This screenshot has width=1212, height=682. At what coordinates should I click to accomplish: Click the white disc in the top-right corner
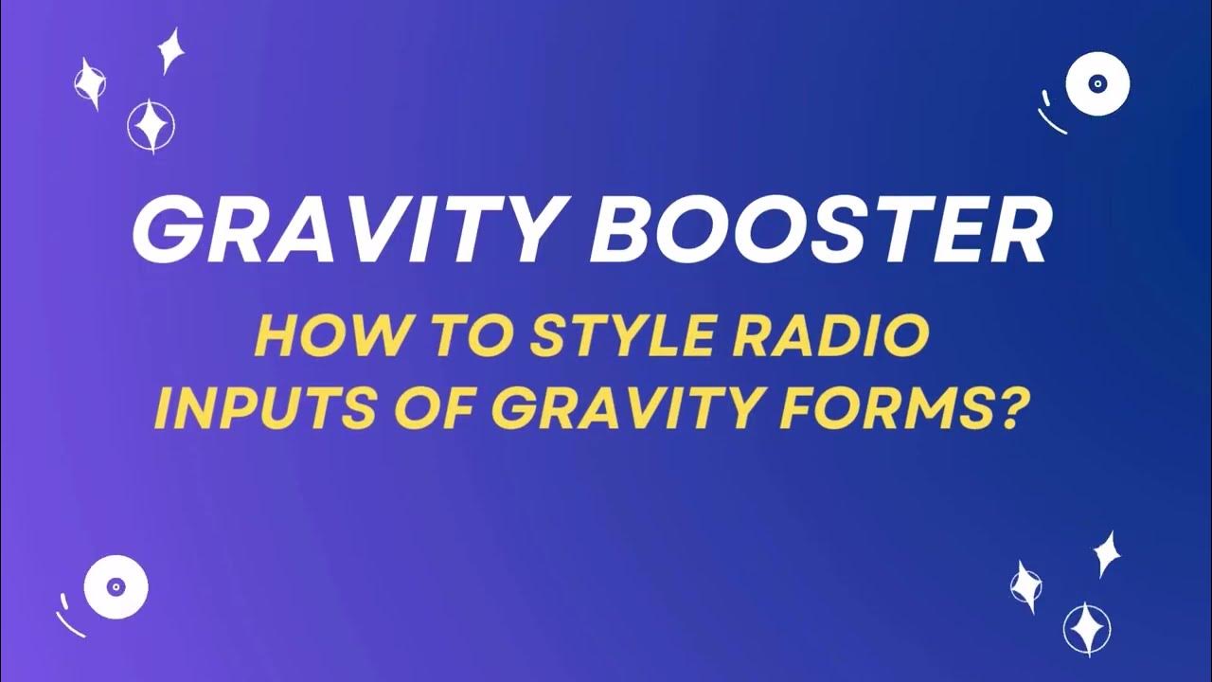click(x=1097, y=84)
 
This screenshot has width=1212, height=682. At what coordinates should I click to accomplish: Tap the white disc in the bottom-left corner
click(x=116, y=587)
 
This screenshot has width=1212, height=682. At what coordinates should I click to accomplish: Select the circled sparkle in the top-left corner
click(x=151, y=126)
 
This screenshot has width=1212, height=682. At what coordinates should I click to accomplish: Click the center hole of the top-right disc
click(x=1097, y=84)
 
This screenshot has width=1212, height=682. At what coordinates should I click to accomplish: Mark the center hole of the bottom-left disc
click(x=116, y=587)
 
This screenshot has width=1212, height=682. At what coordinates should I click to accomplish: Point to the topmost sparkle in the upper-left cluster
click(x=170, y=49)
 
